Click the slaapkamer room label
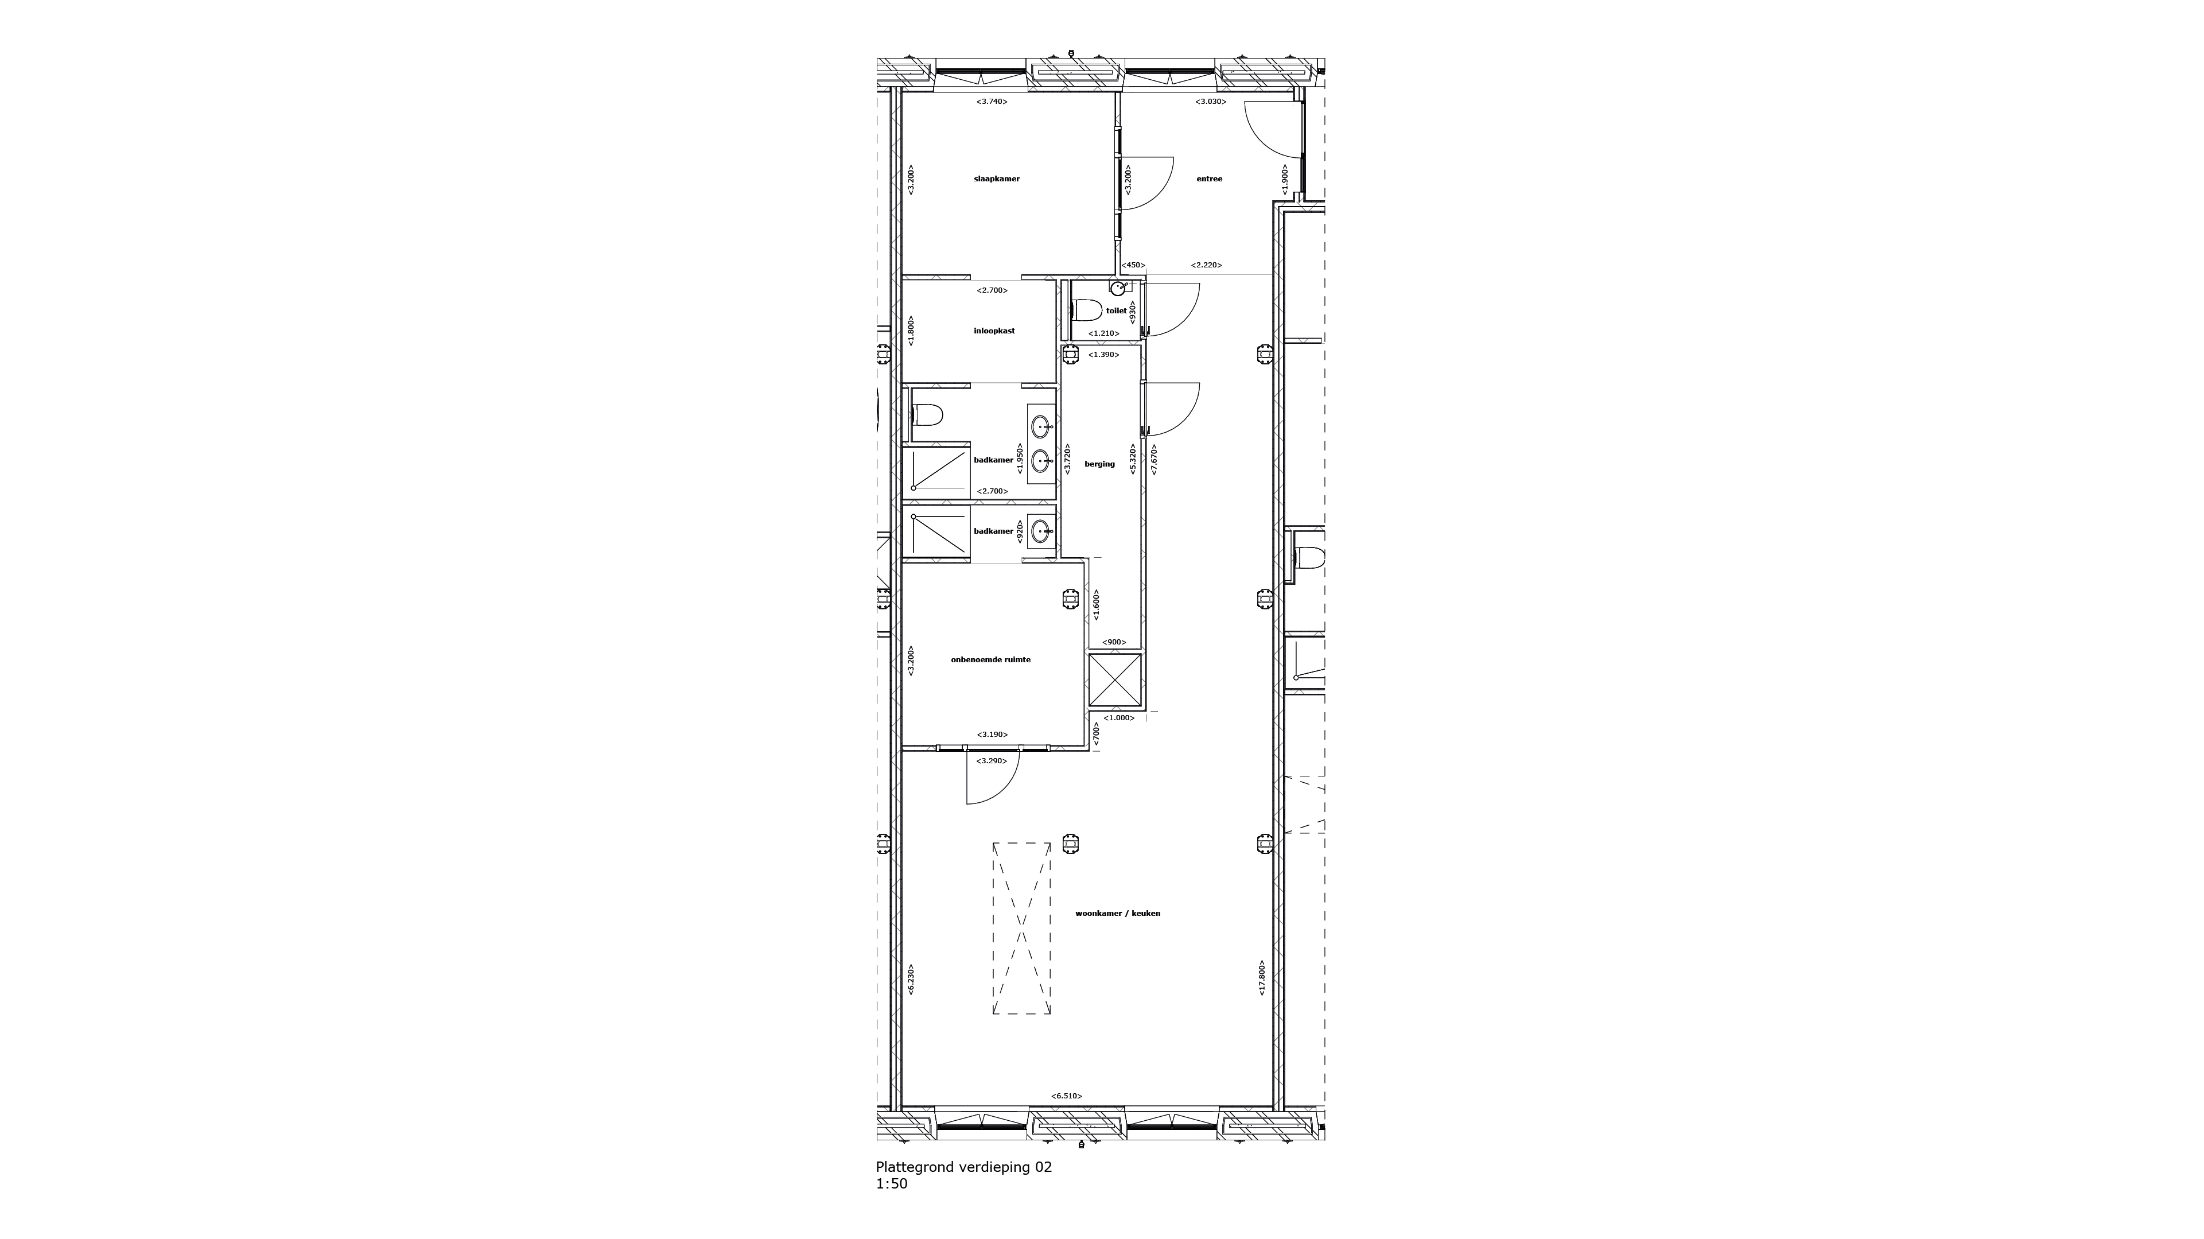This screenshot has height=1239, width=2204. pyautogui.click(x=997, y=179)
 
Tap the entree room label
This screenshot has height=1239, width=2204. pyautogui.click(x=1209, y=179)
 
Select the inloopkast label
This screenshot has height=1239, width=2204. pyautogui.click(x=994, y=331)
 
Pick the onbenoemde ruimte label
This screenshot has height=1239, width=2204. pyautogui.click(x=991, y=660)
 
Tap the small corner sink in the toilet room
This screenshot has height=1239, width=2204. pyautogui.click(x=1117, y=288)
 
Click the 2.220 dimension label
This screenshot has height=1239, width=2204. pyautogui.click(x=1206, y=265)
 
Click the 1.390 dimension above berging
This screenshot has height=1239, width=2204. pyautogui.click(x=1102, y=354)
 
